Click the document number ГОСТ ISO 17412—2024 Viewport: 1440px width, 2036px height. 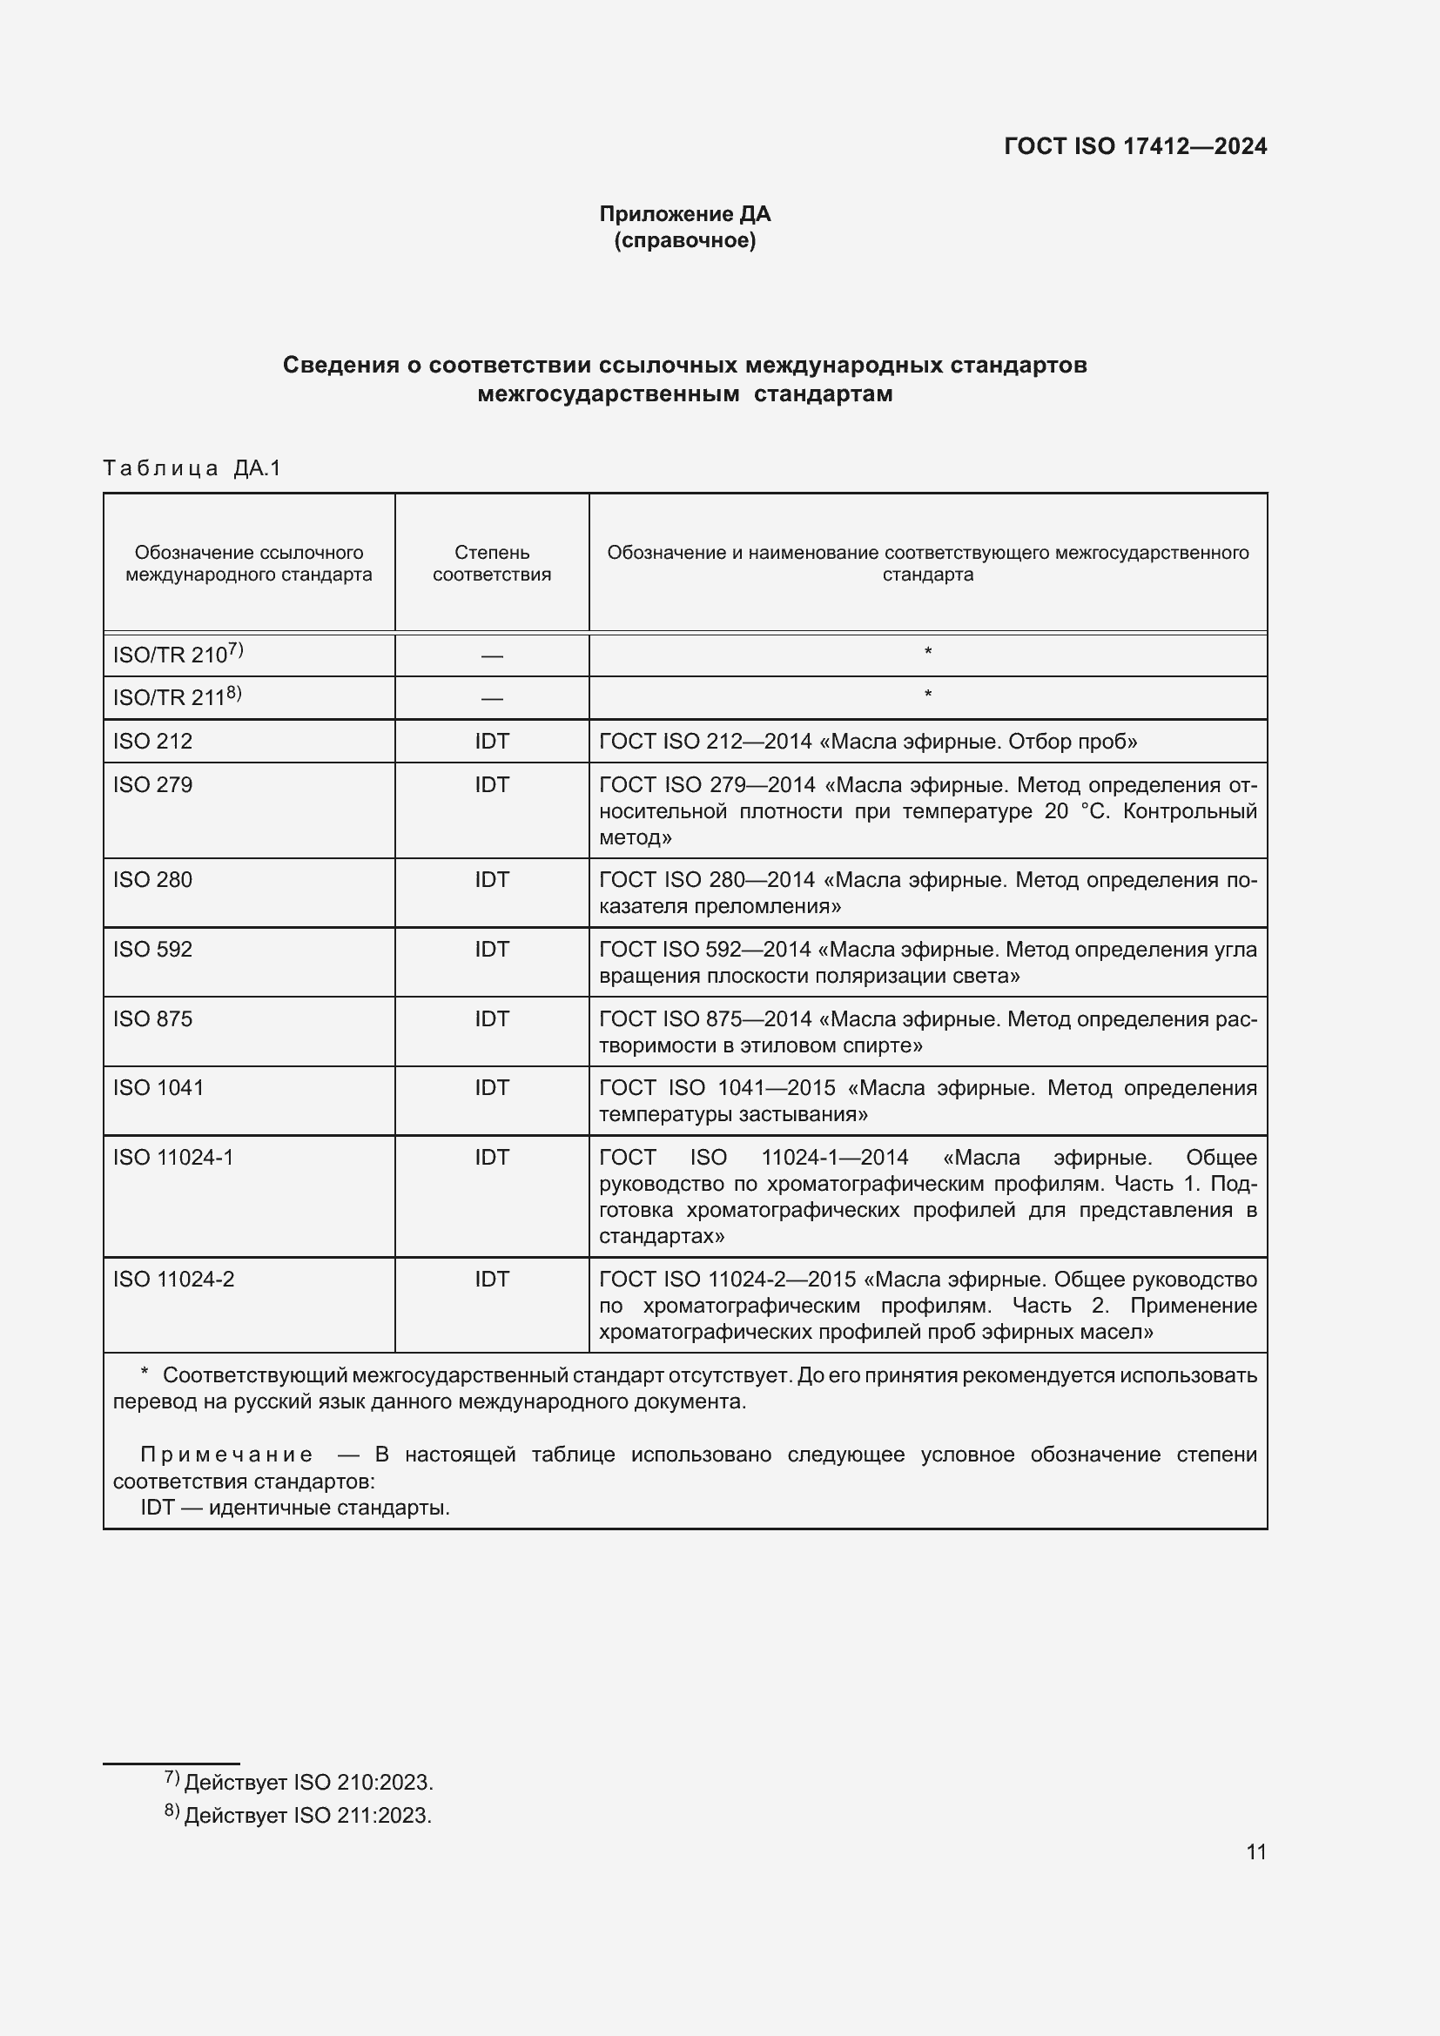click(x=1135, y=146)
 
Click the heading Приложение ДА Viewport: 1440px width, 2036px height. click(x=684, y=214)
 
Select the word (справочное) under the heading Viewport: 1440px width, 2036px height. click(x=684, y=240)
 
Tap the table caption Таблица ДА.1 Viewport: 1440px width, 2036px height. click(x=192, y=468)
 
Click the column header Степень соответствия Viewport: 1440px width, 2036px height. click(x=491, y=563)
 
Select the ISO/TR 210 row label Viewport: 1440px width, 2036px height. click(x=178, y=655)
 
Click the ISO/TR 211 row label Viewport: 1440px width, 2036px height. click(x=177, y=697)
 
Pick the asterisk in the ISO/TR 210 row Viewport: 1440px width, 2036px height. click(x=927, y=653)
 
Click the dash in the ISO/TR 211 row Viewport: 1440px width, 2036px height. click(x=491, y=699)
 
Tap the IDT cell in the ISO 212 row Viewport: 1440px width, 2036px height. click(x=491, y=742)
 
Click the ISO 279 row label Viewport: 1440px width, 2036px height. click(x=152, y=785)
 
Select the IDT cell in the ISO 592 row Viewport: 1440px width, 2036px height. click(x=491, y=950)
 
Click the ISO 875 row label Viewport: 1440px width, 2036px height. click(x=152, y=1019)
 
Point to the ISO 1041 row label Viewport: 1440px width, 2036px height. click(x=158, y=1088)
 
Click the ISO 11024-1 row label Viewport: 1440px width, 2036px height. click(x=173, y=1157)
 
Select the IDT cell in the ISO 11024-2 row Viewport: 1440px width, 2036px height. click(x=491, y=1279)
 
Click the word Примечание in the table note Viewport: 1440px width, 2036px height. click(x=226, y=1455)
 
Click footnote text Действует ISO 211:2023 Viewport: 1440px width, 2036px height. click(x=306, y=1815)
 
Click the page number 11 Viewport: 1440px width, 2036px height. click(x=1255, y=1851)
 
